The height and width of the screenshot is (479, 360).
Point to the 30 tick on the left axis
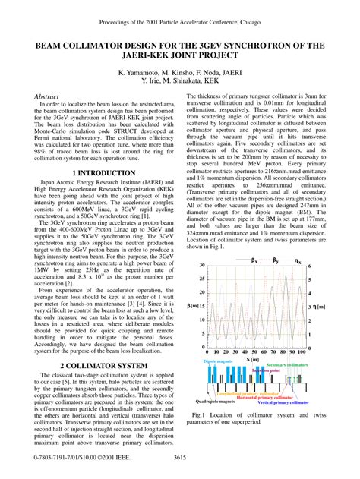point(201,266)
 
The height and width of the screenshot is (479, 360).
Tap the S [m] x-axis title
point(254,361)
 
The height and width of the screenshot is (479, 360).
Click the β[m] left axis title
point(194,306)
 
